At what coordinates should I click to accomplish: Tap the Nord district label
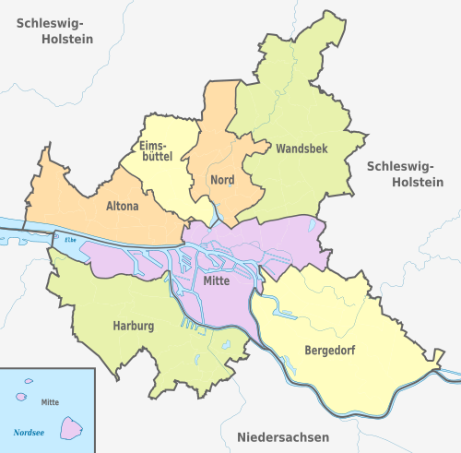pyautogui.click(x=222, y=179)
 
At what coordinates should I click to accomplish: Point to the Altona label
pyautogui.click(x=122, y=207)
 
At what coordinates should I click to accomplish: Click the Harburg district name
pyautogui.click(x=134, y=326)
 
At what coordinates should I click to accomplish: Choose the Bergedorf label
pyautogui.click(x=329, y=351)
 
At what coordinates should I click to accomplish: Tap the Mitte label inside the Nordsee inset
pyautogui.click(x=50, y=402)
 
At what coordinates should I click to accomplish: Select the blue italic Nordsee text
pyautogui.click(x=30, y=432)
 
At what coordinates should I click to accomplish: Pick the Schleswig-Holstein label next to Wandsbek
pyautogui.click(x=405, y=173)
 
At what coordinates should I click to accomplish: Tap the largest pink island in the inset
pyautogui.click(x=71, y=427)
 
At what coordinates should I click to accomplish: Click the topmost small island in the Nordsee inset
pyautogui.click(x=29, y=380)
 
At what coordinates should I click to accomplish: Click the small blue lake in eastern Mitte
pyautogui.click(x=313, y=225)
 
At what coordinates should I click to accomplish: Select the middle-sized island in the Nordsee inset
pyautogui.click(x=21, y=397)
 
